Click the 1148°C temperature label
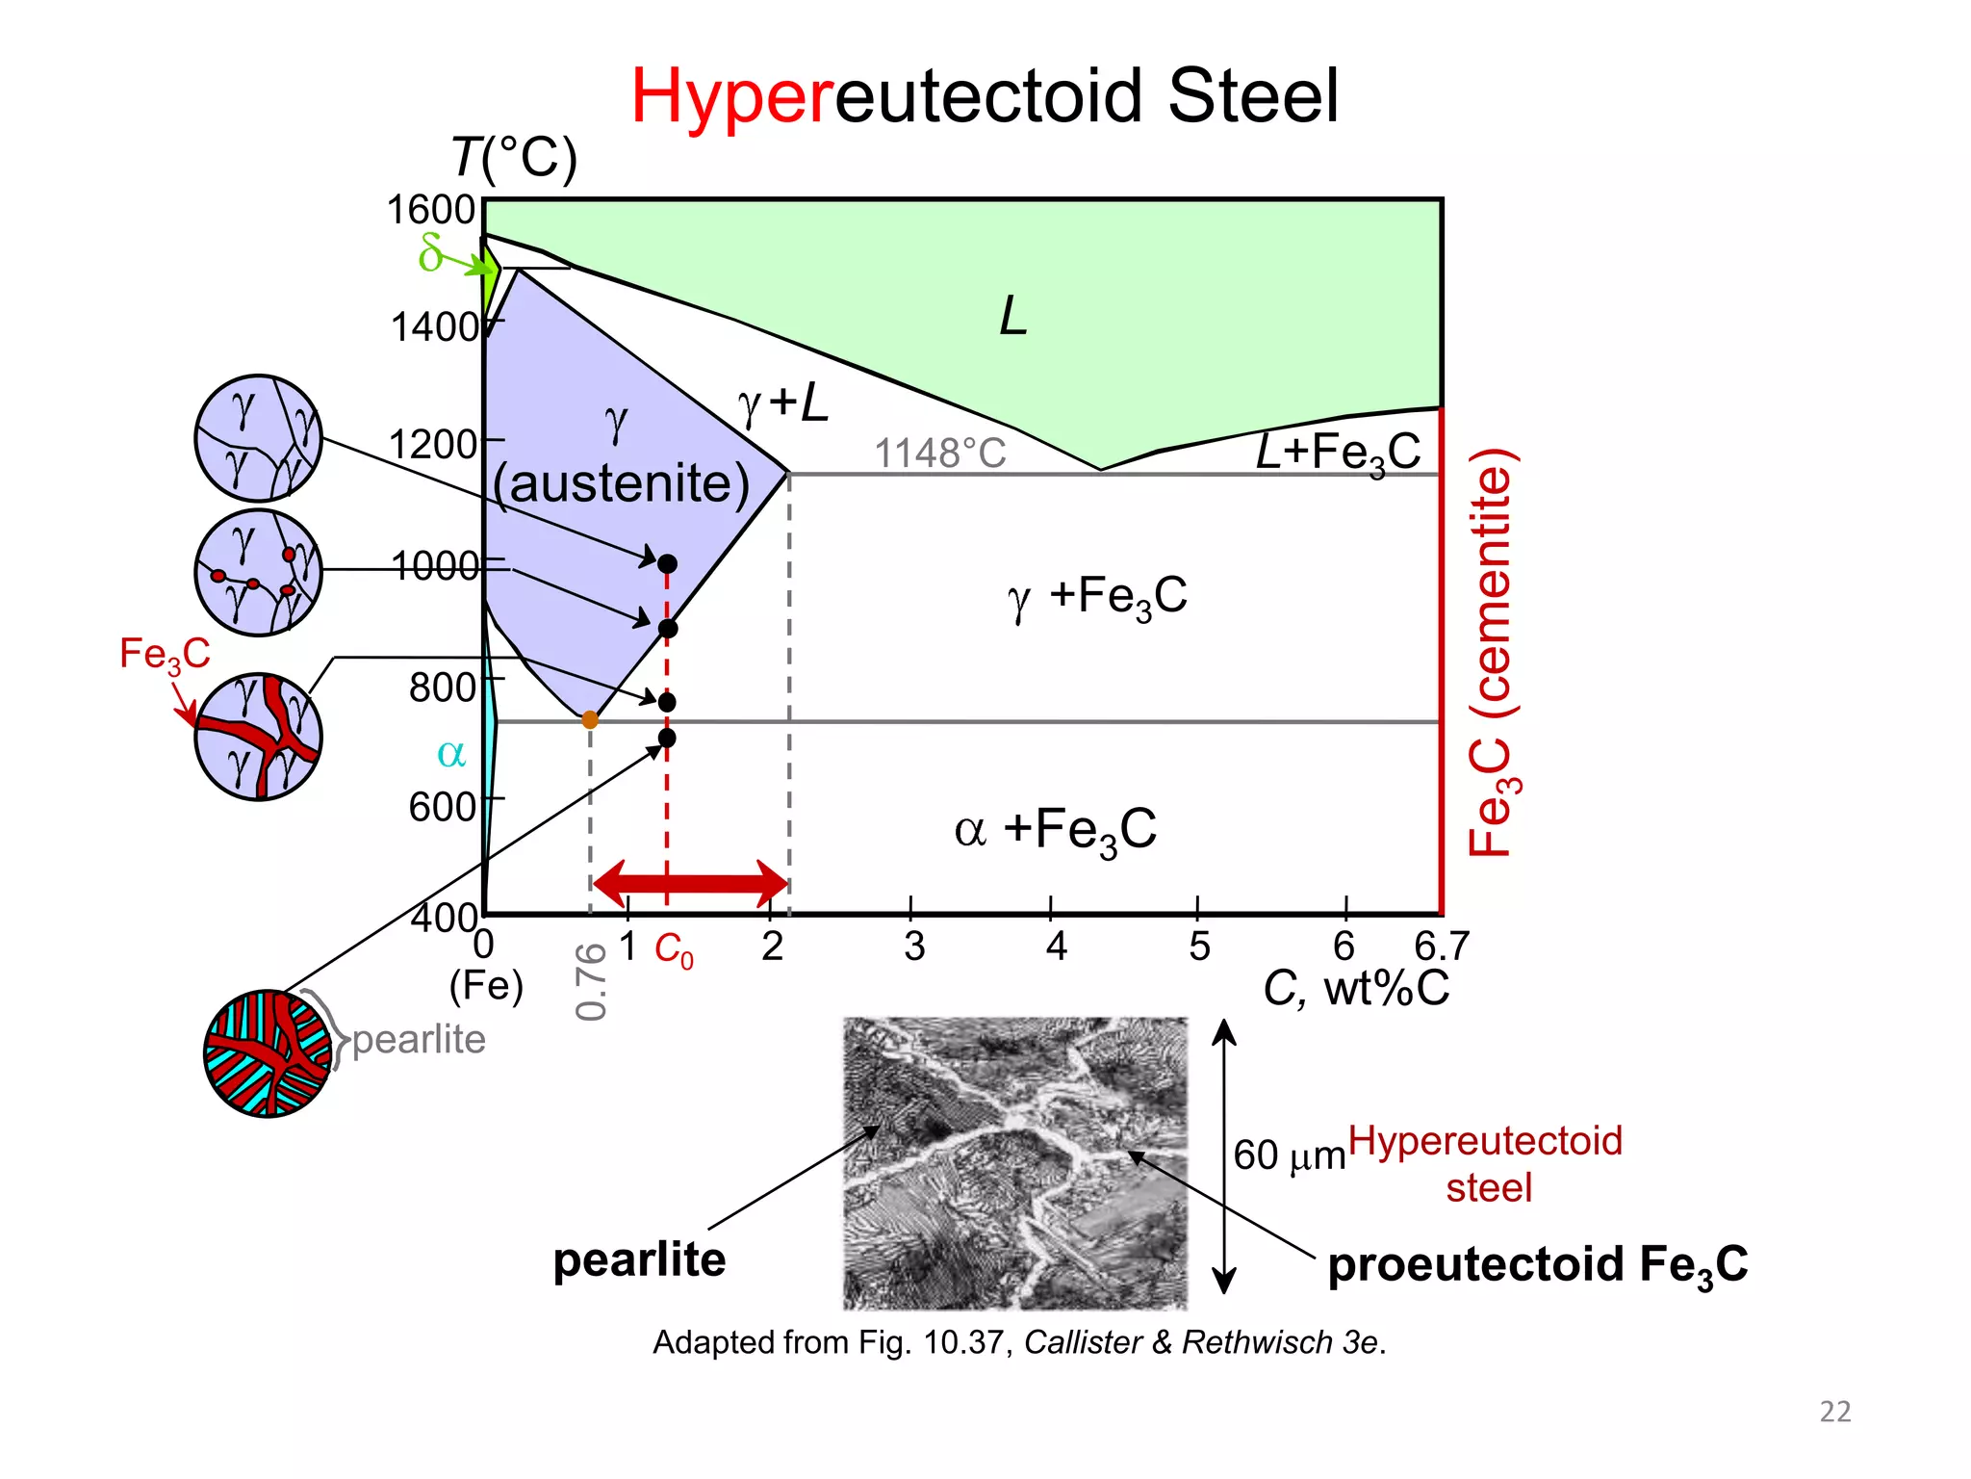click(939, 453)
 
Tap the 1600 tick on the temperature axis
click(430, 210)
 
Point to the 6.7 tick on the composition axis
click(1441, 947)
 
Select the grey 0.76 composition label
click(592, 981)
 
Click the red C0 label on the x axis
click(674, 950)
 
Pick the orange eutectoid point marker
click(590, 719)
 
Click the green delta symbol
click(430, 253)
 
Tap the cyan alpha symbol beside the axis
click(450, 753)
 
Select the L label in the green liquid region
click(1013, 316)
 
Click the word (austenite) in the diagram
click(621, 483)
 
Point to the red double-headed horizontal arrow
click(691, 883)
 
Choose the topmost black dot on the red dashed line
click(667, 563)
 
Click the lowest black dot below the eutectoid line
click(667, 739)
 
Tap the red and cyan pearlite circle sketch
click(268, 1053)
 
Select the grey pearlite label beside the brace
click(419, 1040)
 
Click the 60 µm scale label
click(1289, 1155)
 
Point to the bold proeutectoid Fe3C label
click(1537, 1264)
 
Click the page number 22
click(1834, 1412)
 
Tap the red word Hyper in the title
click(731, 96)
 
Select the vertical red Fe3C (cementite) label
click(1493, 652)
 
